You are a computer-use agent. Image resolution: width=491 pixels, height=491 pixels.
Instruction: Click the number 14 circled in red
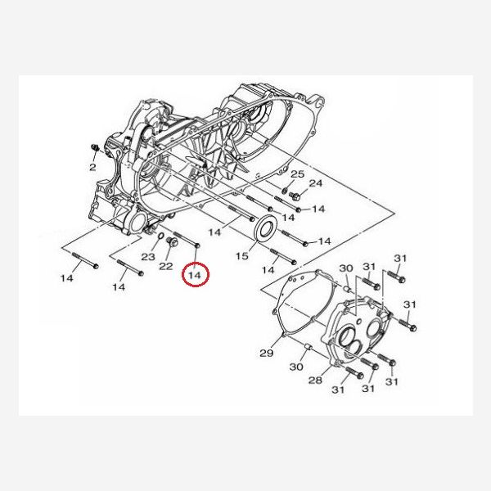click(195, 275)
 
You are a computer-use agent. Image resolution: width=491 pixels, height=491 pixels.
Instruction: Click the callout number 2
click(92, 167)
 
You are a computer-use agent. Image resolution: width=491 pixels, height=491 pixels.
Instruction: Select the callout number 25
click(298, 174)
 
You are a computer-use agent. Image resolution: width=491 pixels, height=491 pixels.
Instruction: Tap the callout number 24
click(316, 183)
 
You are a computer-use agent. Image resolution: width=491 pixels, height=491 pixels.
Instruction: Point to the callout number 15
click(241, 256)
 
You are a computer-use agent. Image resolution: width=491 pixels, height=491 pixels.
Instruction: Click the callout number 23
click(148, 257)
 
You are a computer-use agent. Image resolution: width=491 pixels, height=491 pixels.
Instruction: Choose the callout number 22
click(166, 266)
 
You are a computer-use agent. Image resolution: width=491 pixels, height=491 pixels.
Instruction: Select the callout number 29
click(267, 353)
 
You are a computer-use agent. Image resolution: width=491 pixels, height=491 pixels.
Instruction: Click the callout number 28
click(315, 380)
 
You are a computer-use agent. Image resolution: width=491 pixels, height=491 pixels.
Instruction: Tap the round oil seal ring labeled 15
click(267, 228)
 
